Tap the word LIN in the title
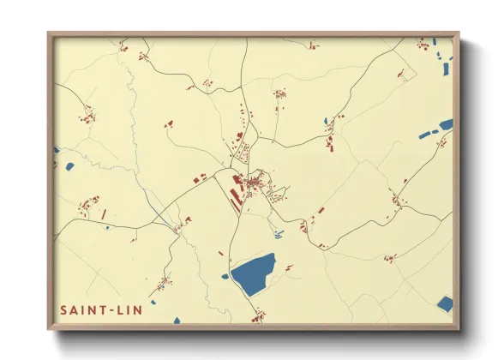click(129, 309)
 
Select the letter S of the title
click(63, 309)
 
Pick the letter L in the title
click(121, 309)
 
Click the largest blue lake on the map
click(254, 273)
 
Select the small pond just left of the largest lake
click(225, 276)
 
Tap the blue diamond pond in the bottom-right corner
click(444, 303)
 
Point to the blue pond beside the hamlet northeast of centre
click(326, 121)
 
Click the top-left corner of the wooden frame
click(50, 34)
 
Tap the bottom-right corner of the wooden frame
click(457, 327)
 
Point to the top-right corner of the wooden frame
click(457, 34)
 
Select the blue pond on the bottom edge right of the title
click(177, 321)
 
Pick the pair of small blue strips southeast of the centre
click(278, 233)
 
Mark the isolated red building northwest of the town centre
click(169, 124)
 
